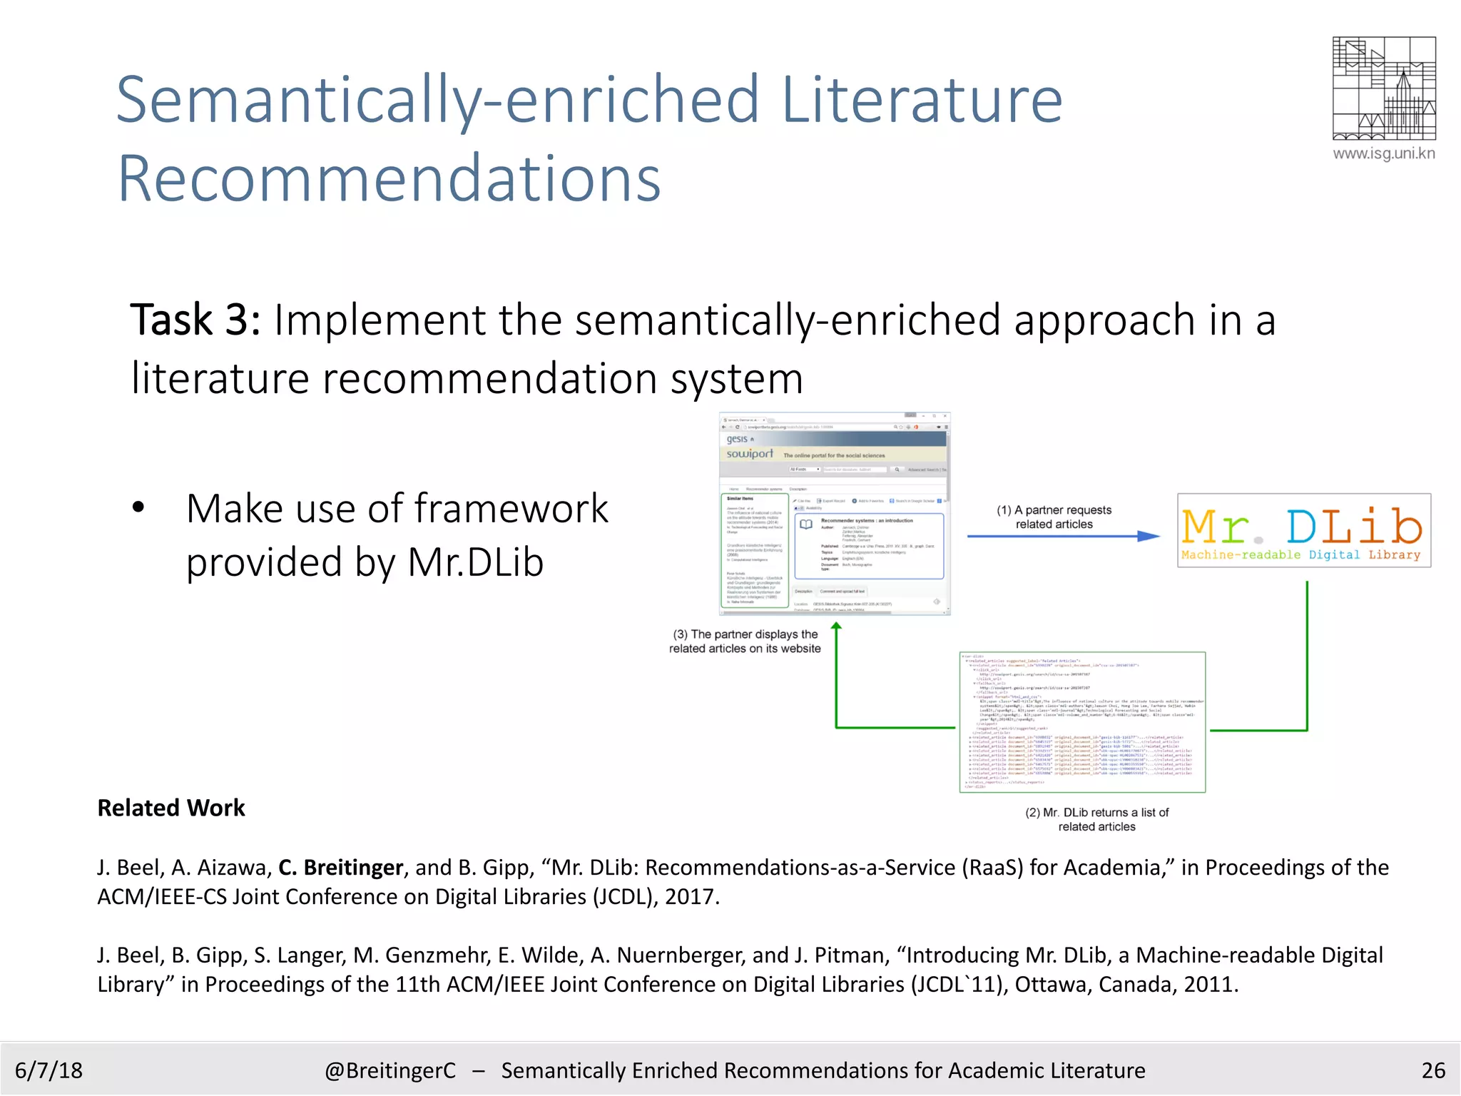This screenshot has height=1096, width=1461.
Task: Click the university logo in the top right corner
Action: (1383, 88)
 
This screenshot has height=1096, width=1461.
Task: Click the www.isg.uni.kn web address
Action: (1383, 153)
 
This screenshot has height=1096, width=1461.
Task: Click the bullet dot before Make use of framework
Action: (138, 508)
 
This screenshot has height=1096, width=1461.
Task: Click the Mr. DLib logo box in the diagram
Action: (1303, 530)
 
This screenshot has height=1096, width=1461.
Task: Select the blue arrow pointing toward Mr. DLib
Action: (1063, 536)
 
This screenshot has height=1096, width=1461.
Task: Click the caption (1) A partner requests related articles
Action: (1054, 517)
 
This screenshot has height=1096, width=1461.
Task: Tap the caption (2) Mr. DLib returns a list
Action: (1096, 819)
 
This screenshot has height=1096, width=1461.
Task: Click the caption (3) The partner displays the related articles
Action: (745, 641)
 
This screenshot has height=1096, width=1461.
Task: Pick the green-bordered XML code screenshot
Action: (1081, 721)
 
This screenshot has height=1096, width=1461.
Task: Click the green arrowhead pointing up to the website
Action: (836, 626)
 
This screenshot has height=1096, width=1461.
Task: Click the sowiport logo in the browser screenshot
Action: (749, 454)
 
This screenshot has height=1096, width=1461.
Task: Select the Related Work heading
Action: (171, 808)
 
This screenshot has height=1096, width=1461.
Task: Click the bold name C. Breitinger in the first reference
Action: (340, 867)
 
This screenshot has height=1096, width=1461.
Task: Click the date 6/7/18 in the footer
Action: (49, 1070)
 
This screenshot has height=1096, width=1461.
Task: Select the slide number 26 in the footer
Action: (1432, 1070)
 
